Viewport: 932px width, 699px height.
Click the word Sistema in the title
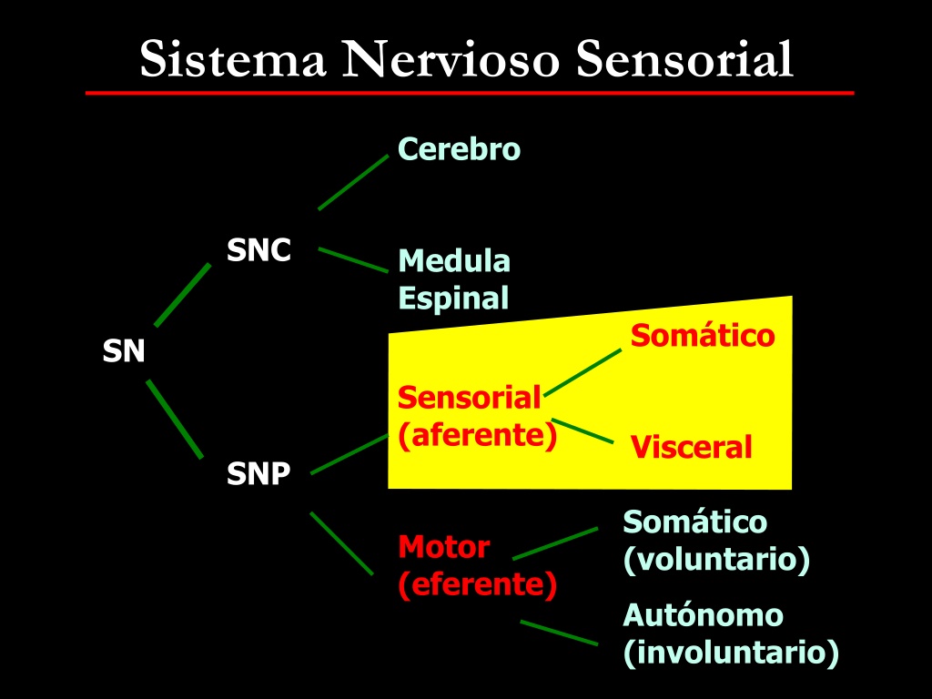click(x=233, y=59)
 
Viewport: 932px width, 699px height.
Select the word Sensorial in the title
click(x=684, y=59)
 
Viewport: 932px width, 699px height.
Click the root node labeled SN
click(x=124, y=350)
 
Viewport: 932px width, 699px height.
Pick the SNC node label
click(x=259, y=250)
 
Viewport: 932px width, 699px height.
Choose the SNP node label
click(x=258, y=473)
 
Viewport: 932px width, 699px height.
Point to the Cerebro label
click(x=459, y=148)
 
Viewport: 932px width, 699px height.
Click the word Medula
click(x=454, y=261)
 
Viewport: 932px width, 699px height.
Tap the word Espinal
click(x=453, y=298)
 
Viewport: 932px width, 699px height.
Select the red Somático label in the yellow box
click(x=703, y=335)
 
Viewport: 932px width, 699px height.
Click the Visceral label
click(x=692, y=447)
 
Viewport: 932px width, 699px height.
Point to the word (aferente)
click(x=478, y=435)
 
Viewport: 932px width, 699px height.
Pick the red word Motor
click(x=444, y=547)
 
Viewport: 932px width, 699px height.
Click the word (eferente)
click(x=478, y=584)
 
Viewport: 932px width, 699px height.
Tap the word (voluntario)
click(x=716, y=560)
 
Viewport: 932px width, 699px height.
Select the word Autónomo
click(x=704, y=615)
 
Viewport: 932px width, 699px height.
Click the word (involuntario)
click(x=731, y=653)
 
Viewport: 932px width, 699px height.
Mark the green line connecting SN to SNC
click(x=182, y=295)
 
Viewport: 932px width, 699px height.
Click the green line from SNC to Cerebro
click(x=353, y=182)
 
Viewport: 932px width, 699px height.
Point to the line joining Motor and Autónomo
click(x=560, y=633)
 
